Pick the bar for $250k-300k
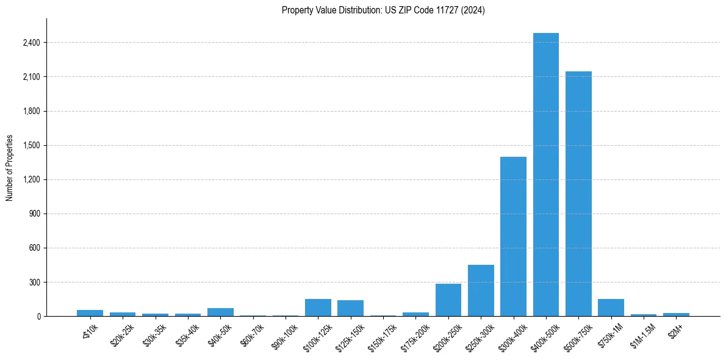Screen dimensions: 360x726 (x=481, y=290)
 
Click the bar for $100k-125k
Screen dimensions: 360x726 (x=318, y=308)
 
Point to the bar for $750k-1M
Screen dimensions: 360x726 (x=611, y=308)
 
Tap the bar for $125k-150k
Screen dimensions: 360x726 (x=350, y=308)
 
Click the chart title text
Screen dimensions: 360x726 (x=383, y=10)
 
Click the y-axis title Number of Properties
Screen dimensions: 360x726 (x=10, y=167)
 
